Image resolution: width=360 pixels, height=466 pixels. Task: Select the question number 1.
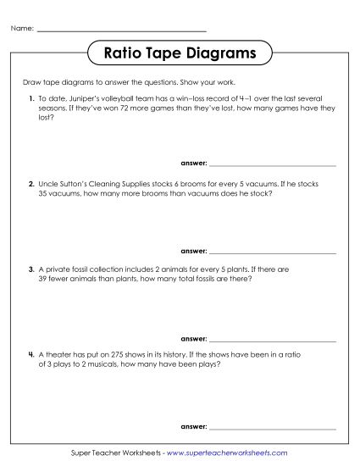[30, 99]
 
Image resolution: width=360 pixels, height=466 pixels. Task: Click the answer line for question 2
[272, 252]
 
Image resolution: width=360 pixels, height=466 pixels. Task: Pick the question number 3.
[30, 269]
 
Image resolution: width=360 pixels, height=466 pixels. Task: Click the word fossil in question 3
[86, 269]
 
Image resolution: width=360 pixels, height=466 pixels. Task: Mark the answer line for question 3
[272, 336]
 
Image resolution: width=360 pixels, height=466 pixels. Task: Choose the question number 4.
[30, 353]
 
